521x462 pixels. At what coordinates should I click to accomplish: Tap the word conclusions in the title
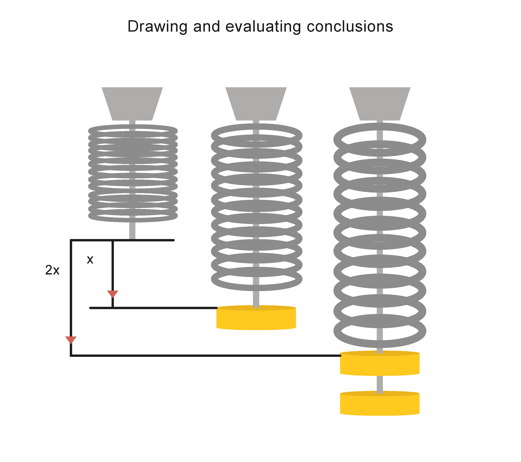350,27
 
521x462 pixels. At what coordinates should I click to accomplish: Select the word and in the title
206,27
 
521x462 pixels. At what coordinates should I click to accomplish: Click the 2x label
52,270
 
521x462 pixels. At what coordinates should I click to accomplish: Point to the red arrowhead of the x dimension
112,294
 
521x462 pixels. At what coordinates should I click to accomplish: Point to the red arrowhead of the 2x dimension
71,340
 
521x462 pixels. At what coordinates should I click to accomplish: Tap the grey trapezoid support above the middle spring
256,103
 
